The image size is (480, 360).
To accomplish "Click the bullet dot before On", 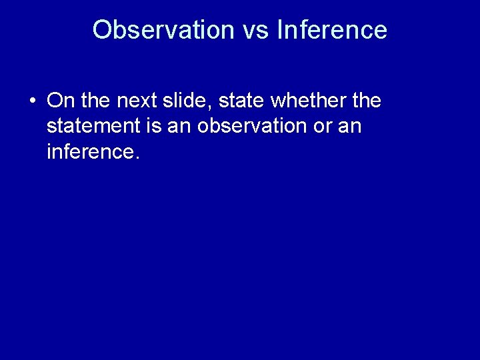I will click(33, 102).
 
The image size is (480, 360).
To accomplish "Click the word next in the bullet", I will click(133, 101).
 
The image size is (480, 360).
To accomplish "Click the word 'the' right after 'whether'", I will click(367, 101).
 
